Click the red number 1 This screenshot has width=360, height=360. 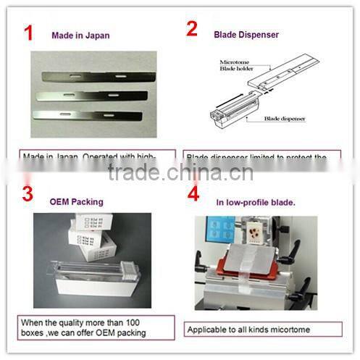click(x=28, y=33)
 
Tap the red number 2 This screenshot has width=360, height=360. click(x=193, y=30)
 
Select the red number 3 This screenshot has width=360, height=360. click(x=28, y=194)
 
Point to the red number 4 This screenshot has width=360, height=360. click(x=193, y=194)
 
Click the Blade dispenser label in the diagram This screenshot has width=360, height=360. click(x=285, y=117)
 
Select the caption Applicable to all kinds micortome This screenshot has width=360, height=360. click(x=247, y=330)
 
